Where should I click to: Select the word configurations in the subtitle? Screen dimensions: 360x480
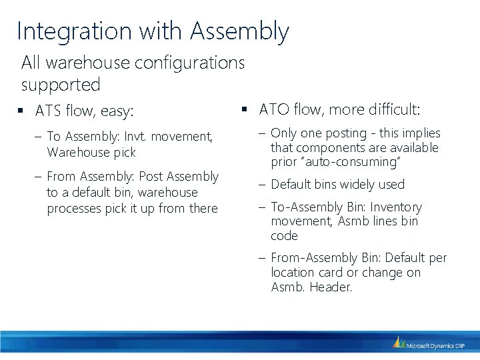tap(189, 63)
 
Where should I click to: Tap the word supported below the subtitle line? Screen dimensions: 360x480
tap(61, 85)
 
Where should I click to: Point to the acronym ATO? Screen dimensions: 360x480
tap(272, 109)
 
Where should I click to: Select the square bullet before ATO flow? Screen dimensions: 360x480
tap(245, 109)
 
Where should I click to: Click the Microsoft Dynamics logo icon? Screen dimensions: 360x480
tap(399, 343)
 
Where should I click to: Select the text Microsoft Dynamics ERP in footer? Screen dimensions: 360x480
tap(437, 345)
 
